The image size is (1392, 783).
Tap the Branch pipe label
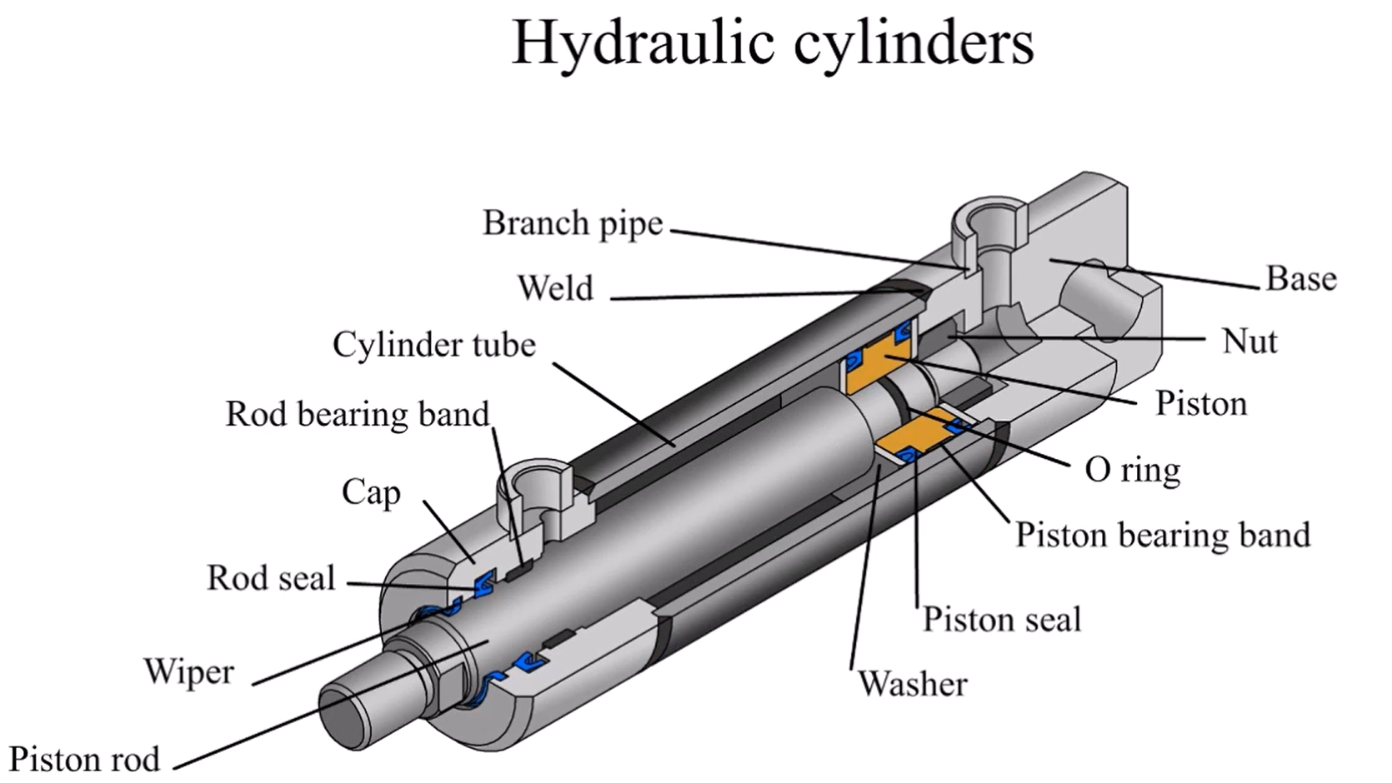pyautogui.click(x=573, y=223)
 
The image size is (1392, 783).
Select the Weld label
pyautogui.click(x=555, y=288)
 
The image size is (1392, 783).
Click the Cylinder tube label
pyautogui.click(x=433, y=345)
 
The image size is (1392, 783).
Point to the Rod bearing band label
pyautogui.click(x=358, y=414)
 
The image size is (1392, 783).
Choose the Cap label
pyautogui.click(x=371, y=492)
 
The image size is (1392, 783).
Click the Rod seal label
pyautogui.click(x=271, y=578)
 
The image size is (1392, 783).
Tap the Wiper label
pyautogui.click(x=188, y=671)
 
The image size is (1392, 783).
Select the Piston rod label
pyautogui.click(x=84, y=760)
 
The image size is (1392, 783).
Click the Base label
pyautogui.click(x=1300, y=278)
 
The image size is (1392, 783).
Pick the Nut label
pyautogui.click(x=1249, y=342)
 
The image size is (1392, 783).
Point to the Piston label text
pyautogui.click(x=1200, y=404)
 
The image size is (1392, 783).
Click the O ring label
pyautogui.click(x=1132, y=470)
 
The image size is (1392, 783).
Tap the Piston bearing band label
pyautogui.click(x=1162, y=535)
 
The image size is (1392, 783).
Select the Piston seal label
pyautogui.click(x=1001, y=620)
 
